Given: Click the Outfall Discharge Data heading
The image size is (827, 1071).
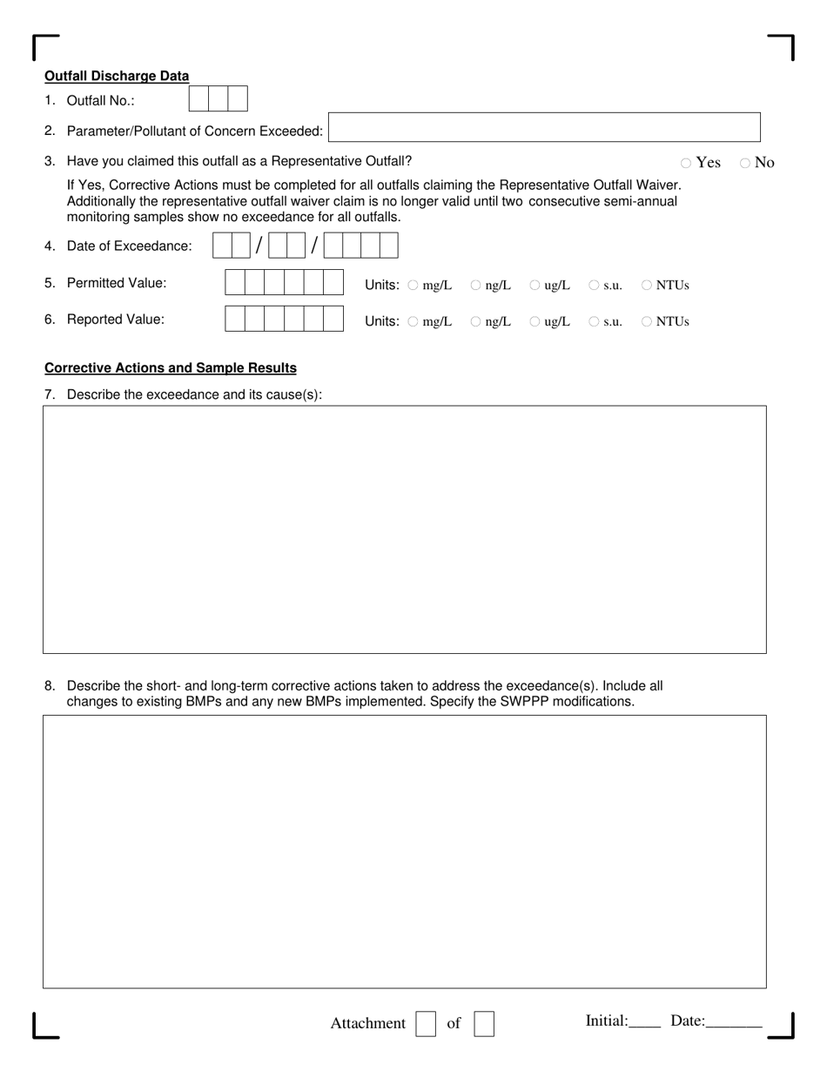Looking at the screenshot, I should (x=117, y=76).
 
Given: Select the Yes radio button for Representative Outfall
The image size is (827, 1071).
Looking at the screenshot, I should (x=686, y=163).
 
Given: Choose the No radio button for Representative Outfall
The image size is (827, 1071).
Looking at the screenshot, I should (x=745, y=163).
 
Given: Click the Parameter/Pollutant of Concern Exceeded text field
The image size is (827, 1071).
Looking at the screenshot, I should (x=544, y=127).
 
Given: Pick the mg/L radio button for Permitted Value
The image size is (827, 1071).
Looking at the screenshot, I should (x=413, y=285).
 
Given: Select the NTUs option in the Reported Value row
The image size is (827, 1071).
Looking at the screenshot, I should (x=647, y=321).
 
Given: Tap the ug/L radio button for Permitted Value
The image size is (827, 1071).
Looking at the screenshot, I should (x=535, y=285).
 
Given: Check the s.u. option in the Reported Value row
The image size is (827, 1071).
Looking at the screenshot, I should (x=594, y=321).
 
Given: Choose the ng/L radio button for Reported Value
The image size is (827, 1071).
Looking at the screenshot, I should (x=475, y=321).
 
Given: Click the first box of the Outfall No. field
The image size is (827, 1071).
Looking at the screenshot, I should (x=198, y=99).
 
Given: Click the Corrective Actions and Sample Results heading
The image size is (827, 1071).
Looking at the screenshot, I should (x=171, y=367).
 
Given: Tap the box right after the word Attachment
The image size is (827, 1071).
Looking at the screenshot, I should (x=426, y=1023).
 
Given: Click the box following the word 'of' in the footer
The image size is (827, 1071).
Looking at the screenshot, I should (x=484, y=1023).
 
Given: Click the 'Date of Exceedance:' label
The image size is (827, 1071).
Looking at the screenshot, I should (x=129, y=246).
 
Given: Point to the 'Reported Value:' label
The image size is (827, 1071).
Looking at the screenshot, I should (x=115, y=319).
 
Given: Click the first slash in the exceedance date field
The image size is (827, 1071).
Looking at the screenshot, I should (x=259, y=246).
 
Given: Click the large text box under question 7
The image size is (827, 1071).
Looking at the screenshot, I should (x=405, y=529).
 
